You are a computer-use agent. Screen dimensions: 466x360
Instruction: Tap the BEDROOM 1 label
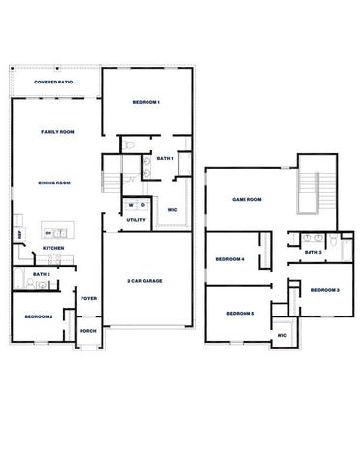click(146, 102)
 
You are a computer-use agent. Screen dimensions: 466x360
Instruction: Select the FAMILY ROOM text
click(57, 131)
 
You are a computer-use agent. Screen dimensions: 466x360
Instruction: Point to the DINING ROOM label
click(54, 183)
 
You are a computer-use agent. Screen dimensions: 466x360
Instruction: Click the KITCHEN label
click(53, 249)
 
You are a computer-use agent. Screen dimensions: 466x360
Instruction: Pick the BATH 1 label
click(164, 158)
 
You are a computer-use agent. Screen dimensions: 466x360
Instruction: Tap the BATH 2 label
click(41, 275)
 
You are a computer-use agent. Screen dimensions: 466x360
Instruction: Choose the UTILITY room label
click(136, 220)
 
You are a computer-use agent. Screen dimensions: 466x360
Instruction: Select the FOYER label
click(88, 298)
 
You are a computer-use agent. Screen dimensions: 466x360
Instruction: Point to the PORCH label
click(88, 331)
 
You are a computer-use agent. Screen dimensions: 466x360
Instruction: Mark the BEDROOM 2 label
click(39, 317)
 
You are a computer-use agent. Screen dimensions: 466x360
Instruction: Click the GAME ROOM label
click(247, 199)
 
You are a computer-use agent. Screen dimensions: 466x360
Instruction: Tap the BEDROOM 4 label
click(229, 259)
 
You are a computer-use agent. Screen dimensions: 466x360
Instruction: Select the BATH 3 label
click(312, 252)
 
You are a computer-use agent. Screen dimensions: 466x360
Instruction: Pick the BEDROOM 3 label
click(325, 290)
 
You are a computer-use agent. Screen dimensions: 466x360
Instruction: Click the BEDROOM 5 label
click(240, 313)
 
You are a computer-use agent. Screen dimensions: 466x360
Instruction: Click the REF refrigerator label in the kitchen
click(19, 234)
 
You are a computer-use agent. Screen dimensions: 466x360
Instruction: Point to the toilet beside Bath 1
click(129, 146)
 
